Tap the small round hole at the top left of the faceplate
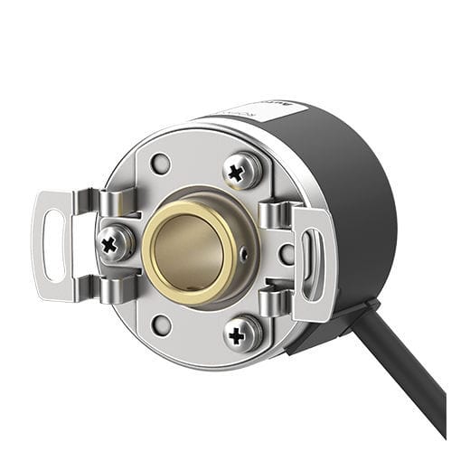pyautogui.click(x=160, y=164)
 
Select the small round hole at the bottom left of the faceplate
pyautogui.click(x=161, y=324)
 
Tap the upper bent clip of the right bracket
pyautogui.click(x=275, y=216)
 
